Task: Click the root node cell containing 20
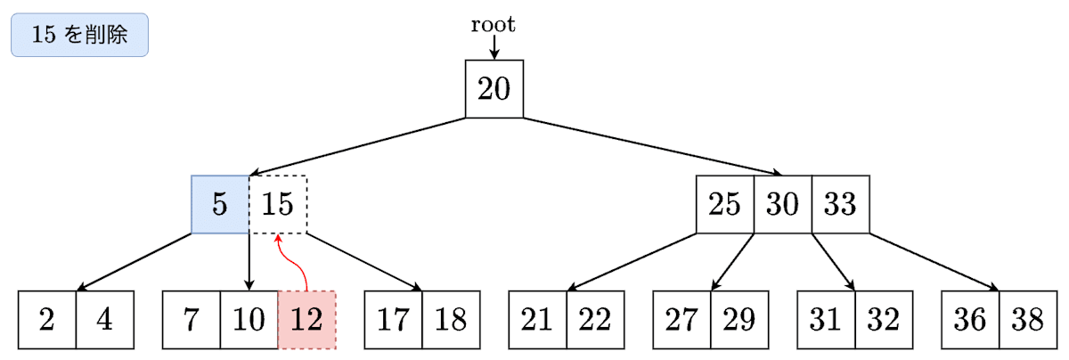click(x=494, y=88)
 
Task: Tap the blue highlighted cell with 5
click(x=220, y=204)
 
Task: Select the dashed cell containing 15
click(x=278, y=204)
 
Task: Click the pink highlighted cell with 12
click(x=307, y=319)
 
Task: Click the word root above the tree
click(x=494, y=25)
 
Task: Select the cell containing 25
click(x=725, y=204)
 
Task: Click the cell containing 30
click(x=782, y=204)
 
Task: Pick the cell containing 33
click(x=840, y=204)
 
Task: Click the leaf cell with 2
click(x=47, y=319)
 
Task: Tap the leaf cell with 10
click(x=249, y=319)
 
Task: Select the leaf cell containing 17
click(x=394, y=319)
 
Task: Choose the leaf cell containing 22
click(x=595, y=319)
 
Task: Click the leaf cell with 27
click(x=681, y=319)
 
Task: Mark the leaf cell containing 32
click(x=884, y=319)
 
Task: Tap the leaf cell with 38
click(x=1028, y=319)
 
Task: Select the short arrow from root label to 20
click(x=494, y=47)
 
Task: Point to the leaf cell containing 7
click(x=192, y=319)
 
